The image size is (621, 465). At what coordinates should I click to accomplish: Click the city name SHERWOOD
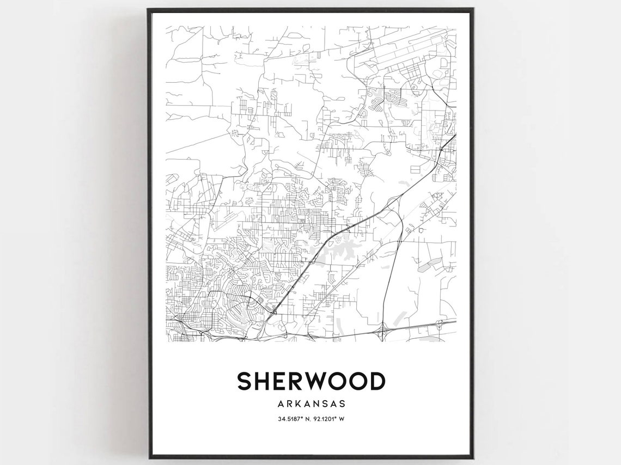[310, 382]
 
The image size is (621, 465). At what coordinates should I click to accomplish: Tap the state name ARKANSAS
[310, 403]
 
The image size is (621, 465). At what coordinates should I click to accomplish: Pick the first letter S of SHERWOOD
[245, 382]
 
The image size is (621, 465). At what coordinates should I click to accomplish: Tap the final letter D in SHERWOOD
[376, 382]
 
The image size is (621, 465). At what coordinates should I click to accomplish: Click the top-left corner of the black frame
[148, 9]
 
